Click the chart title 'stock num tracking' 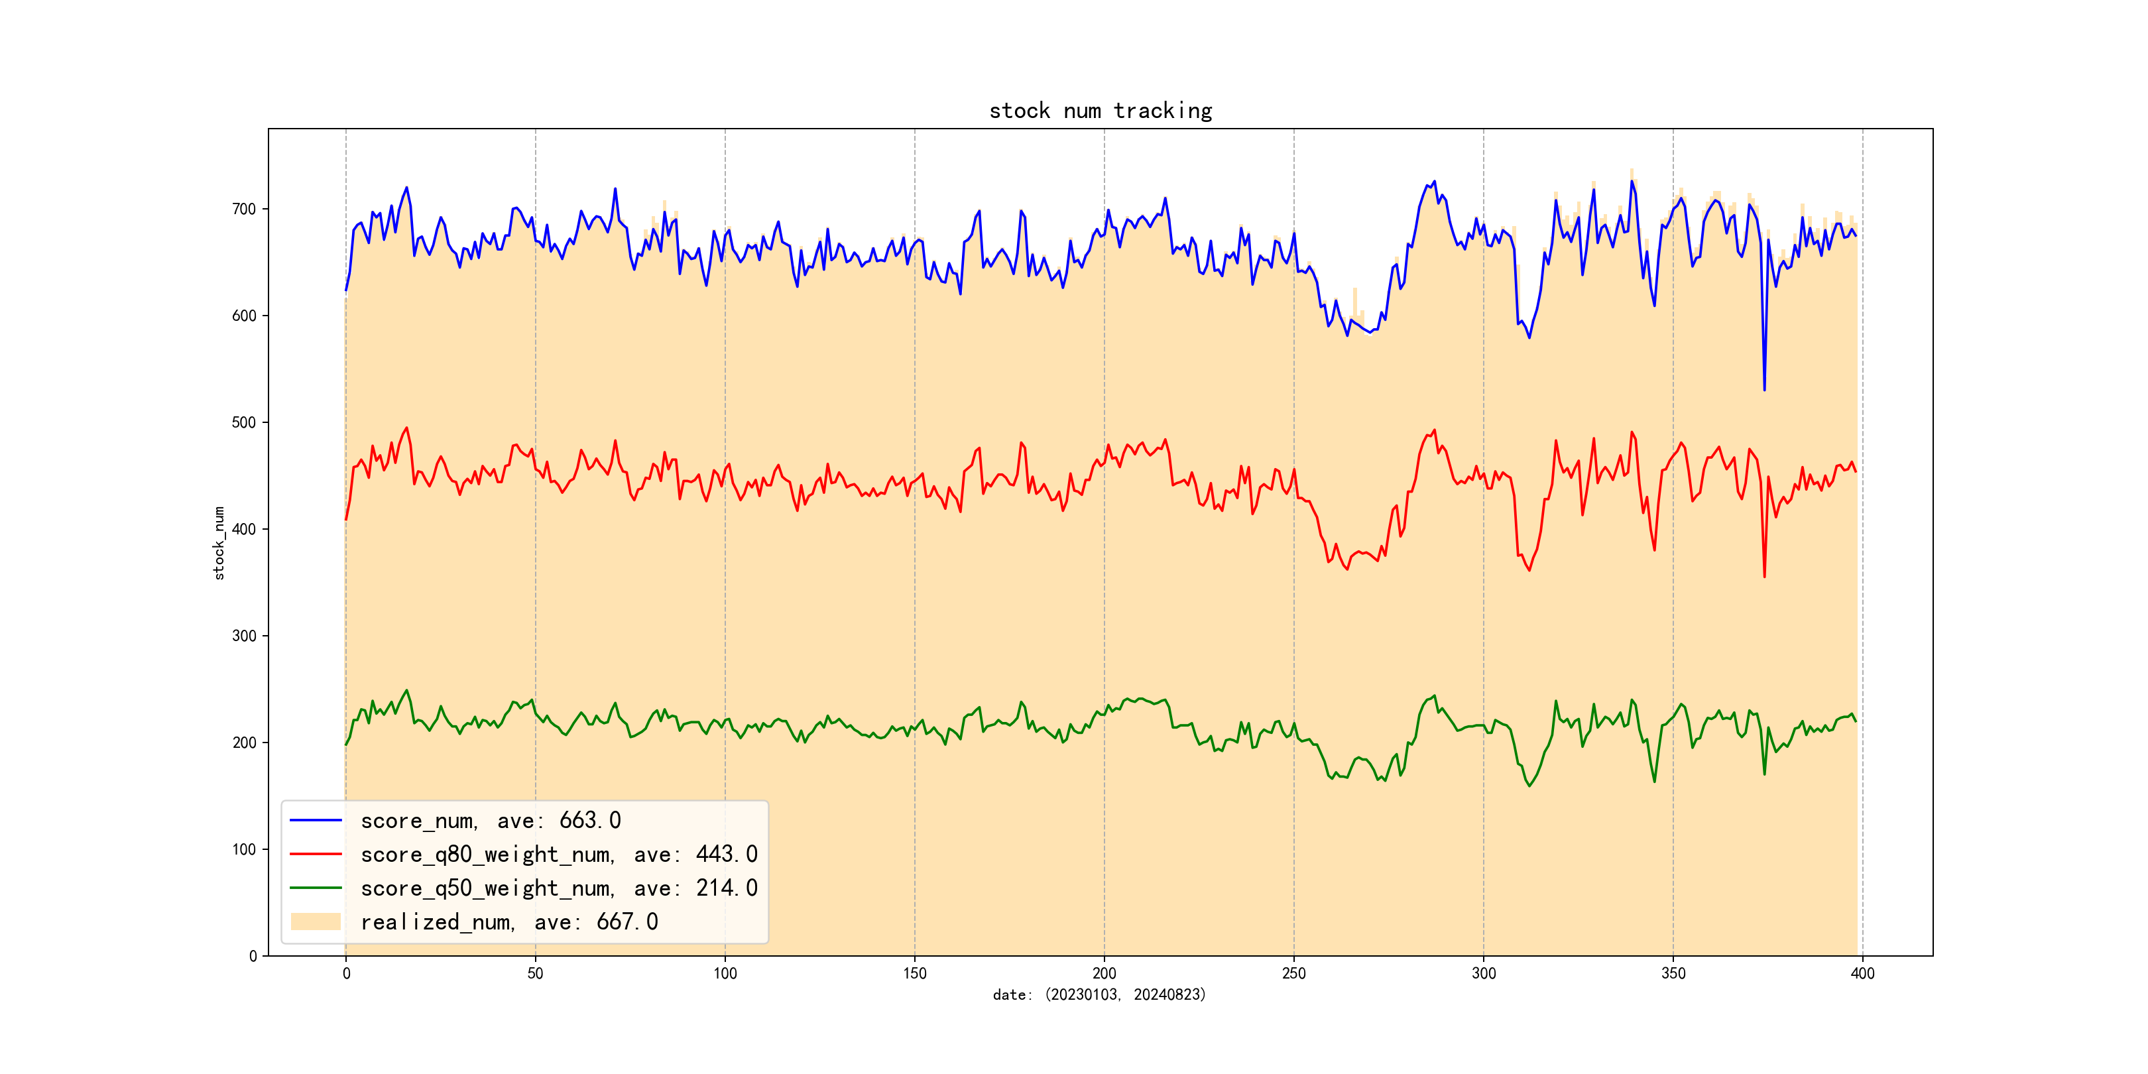(x=1100, y=111)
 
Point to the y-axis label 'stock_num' (x=219, y=543)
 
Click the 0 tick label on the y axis (x=253, y=957)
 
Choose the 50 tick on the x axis (x=535, y=973)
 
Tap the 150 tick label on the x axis (x=915, y=973)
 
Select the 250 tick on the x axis (x=1293, y=973)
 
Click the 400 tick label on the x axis (x=1862, y=973)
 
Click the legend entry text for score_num (x=491, y=821)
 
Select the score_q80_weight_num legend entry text (x=559, y=855)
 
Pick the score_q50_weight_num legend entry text (x=559, y=888)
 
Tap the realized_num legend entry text (x=508, y=922)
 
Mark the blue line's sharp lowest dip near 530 (x=1763, y=389)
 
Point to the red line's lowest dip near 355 (x=1763, y=576)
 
